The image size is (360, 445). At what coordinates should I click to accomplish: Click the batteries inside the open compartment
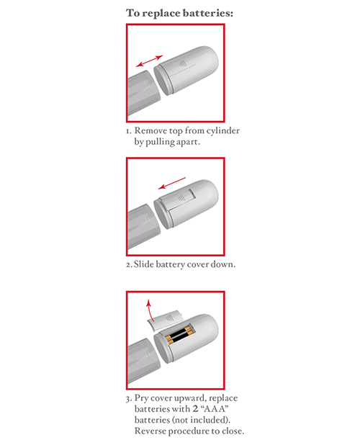(x=179, y=337)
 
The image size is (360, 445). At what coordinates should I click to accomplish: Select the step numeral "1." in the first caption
(x=128, y=131)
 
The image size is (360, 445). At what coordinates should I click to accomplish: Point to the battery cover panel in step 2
(x=179, y=202)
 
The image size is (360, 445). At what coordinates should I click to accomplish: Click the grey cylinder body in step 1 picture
(x=140, y=97)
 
